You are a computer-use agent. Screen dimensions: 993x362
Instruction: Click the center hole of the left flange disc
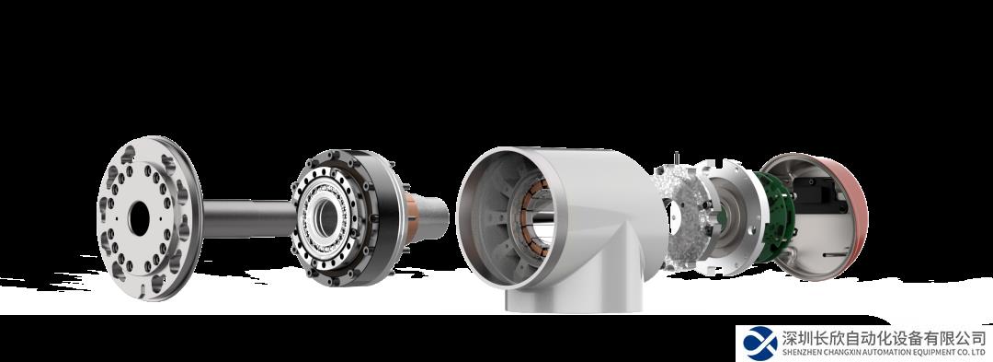pos(139,218)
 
